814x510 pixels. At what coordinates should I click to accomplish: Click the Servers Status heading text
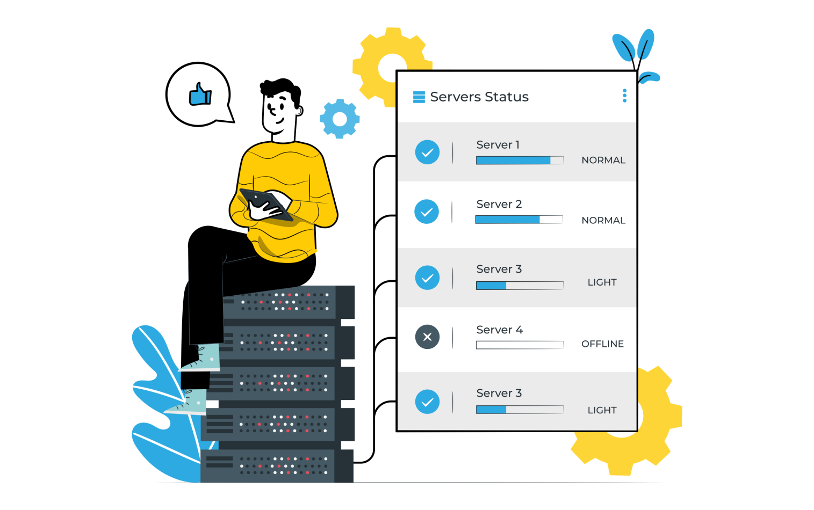pyautogui.click(x=479, y=97)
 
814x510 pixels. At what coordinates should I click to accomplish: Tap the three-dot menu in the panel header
pyautogui.click(x=624, y=96)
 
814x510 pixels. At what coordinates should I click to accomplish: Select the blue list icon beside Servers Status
pyautogui.click(x=419, y=97)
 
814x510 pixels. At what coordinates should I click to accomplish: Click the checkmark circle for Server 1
pyautogui.click(x=427, y=152)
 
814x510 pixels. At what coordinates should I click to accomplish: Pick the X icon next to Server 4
pyautogui.click(x=427, y=337)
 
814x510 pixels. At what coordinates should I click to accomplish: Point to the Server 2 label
pyautogui.click(x=499, y=204)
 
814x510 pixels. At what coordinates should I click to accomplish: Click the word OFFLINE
pyautogui.click(x=602, y=344)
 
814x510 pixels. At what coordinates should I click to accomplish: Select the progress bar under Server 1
pyautogui.click(x=520, y=160)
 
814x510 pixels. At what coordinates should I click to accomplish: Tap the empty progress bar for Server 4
pyautogui.click(x=520, y=345)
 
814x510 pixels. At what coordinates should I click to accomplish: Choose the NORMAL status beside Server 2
pyautogui.click(x=603, y=220)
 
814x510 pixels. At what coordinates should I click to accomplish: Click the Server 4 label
pyautogui.click(x=499, y=330)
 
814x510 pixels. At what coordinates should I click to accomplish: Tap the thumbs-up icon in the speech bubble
pyautogui.click(x=200, y=94)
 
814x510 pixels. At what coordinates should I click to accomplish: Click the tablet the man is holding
pyautogui.click(x=266, y=205)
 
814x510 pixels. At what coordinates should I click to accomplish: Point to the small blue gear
pyautogui.click(x=340, y=119)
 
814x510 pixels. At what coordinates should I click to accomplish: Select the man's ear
pyautogui.click(x=299, y=111)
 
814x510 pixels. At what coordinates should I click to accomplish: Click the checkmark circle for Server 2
pyautogui.click(x=427, y=212)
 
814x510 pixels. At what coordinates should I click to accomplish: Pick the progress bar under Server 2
pyautogui.click(x=519, y=219)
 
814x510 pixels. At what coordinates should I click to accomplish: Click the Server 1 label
pyautogui.click(x=498, y=145)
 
